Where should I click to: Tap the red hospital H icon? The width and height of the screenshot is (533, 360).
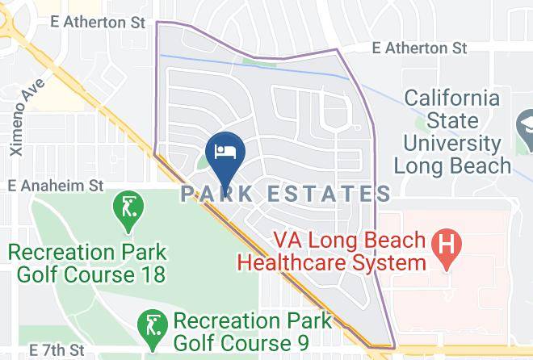(x=446, y=241)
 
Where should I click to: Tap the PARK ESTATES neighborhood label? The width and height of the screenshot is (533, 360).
(x=287, y=194)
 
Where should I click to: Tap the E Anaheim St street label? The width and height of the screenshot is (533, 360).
(x=56, y=186)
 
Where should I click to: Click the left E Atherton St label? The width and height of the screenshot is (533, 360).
(x=97, y=23)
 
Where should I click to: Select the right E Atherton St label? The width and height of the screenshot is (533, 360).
(x=420, y=48)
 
